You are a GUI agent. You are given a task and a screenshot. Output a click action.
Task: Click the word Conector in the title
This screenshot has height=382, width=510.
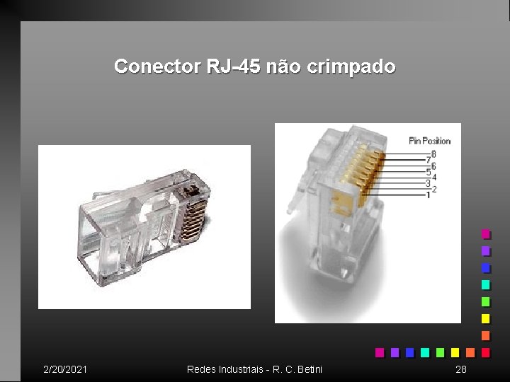157,66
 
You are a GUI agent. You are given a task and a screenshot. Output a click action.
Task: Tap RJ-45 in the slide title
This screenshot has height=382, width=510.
234,66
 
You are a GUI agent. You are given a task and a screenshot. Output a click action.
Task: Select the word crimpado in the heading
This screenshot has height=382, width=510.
351,67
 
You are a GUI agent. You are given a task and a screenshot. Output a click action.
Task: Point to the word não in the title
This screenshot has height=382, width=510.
283,66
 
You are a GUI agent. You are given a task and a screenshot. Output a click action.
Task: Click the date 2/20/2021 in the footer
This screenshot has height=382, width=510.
65,369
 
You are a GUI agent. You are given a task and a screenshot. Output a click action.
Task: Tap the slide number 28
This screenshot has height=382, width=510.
461,369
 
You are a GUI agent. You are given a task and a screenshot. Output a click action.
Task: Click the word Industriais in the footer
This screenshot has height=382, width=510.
241,369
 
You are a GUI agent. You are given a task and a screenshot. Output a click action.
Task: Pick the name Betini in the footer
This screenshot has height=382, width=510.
310,369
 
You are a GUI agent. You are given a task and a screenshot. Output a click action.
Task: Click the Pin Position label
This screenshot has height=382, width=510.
430,141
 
